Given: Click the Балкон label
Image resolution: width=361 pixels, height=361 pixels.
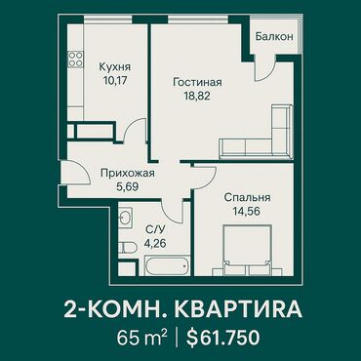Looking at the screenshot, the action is click(274, 36).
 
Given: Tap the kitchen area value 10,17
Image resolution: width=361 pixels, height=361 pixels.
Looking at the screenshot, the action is click(114, 80).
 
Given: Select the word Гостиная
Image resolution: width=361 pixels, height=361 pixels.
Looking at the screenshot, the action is click(197, 82).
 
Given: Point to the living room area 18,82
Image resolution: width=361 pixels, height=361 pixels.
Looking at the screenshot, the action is click(197, 96).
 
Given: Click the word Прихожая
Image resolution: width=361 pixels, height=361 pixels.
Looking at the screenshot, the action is click(127, 173).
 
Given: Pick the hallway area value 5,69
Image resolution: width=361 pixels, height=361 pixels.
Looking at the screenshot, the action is click(127, 186).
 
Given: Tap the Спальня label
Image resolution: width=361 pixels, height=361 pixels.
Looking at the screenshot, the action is click(247, 197).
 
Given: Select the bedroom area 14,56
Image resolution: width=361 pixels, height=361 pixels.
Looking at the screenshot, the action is click(247, 211).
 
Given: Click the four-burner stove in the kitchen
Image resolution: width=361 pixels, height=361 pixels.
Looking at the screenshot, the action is click(75, 60).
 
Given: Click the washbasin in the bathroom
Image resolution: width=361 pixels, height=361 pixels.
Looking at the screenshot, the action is click(125, 218).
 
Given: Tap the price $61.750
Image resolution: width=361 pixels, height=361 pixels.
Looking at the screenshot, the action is click(222, 338).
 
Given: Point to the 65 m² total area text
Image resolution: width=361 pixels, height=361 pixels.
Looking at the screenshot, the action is click(143, 338).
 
